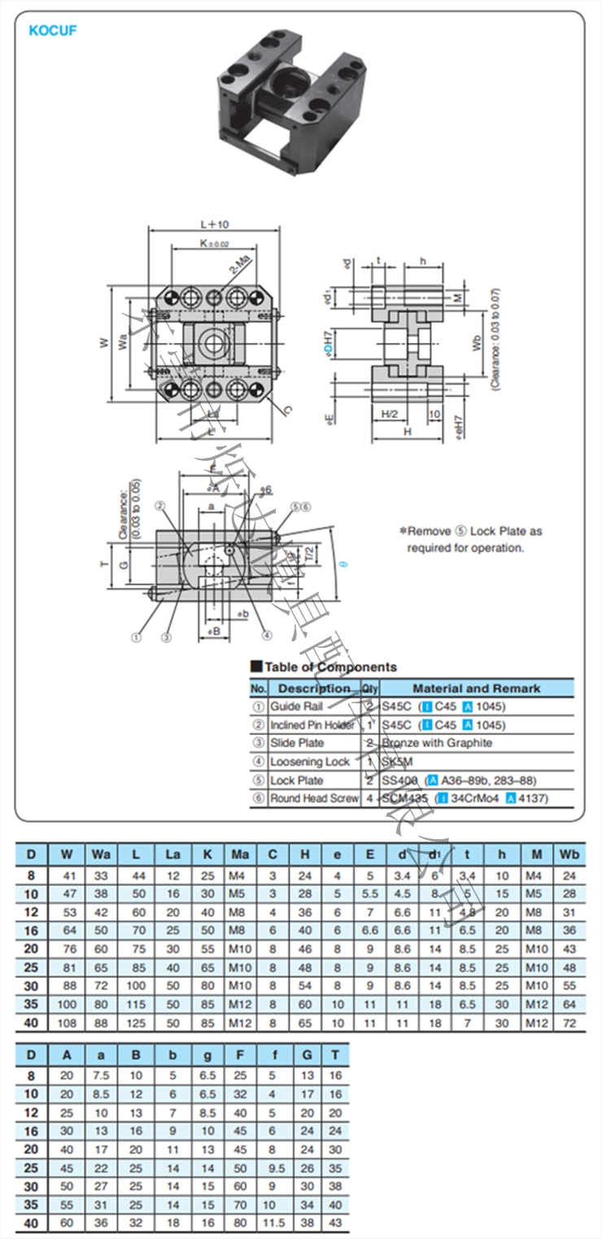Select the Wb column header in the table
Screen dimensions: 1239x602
coord(569,854)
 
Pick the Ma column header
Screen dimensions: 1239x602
coord(240,854)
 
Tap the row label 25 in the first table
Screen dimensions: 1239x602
coord(32,967)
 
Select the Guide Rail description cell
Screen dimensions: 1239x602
coord(296,706)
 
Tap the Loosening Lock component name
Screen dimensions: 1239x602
coord(310,762)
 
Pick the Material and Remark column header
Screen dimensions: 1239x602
coord(476,689)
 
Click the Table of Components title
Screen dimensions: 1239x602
coord(330,667)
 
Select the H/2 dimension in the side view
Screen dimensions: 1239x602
coord(390,414)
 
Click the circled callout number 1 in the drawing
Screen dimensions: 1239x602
coord(136,637)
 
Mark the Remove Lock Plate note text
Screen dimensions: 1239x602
coord(470,539)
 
